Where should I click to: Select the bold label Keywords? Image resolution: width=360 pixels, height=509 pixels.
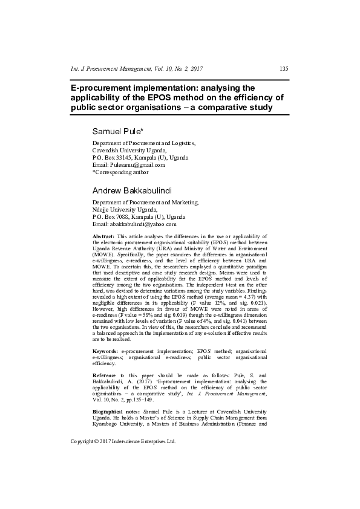click(105, 351)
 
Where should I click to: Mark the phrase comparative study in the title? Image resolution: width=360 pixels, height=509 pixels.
click(238, 108)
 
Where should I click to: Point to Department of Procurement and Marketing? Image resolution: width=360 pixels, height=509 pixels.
click(145, 202)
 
